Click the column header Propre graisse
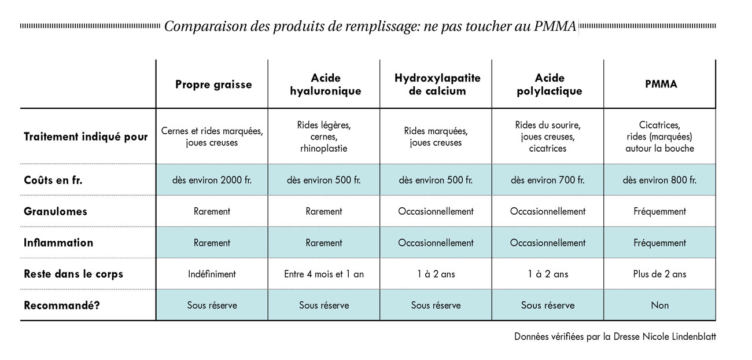(213, 85)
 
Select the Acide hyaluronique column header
(325, 85)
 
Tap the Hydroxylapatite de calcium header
(437, 85)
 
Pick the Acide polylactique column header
(549, 85)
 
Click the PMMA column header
(661, 84)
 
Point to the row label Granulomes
(56, 212)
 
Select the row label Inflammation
(58, 243)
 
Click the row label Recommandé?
(62, 305)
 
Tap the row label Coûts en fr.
(53, 181)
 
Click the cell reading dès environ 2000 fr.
(212, 181)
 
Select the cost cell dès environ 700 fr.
(548, 181)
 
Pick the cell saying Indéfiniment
(212, 274)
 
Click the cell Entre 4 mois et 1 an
(324, 274)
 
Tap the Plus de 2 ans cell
(659, 274)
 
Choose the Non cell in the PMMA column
(659, 305)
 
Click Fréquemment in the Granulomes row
(659, 212)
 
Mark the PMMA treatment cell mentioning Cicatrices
(659, 137)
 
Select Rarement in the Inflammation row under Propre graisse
(212, 243)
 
